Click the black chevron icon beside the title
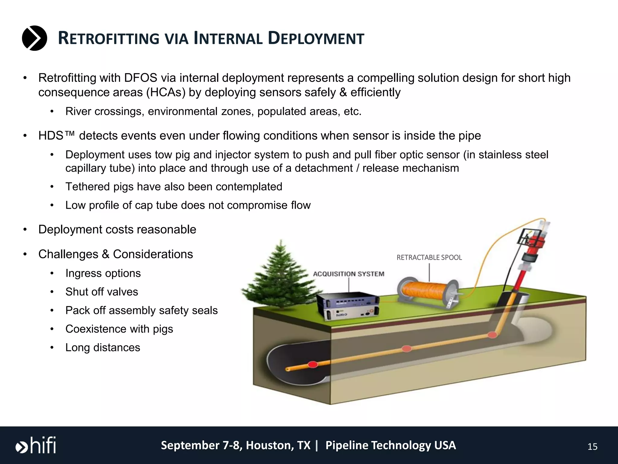click(x=34, y=38)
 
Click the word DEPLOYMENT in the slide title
click(x=316, y=39)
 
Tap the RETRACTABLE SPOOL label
click(x=429, y=257)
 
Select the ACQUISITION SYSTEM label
click(x=349, y=274)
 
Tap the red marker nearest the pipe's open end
click(x=313, y=364)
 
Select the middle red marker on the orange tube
click(x=407, y=349)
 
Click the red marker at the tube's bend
click(x=492, y=334)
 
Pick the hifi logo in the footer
click(x=36, y=445)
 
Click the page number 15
click(x=592, y=447)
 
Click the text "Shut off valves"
click(x=102, y=292)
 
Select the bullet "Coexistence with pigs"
click(x=119, y=329)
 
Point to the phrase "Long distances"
click(x=103, y=348)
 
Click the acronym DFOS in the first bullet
click(x=141, y=78)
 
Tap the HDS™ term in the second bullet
click(x=56, y=136)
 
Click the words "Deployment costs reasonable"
click(x=117, y=230)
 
